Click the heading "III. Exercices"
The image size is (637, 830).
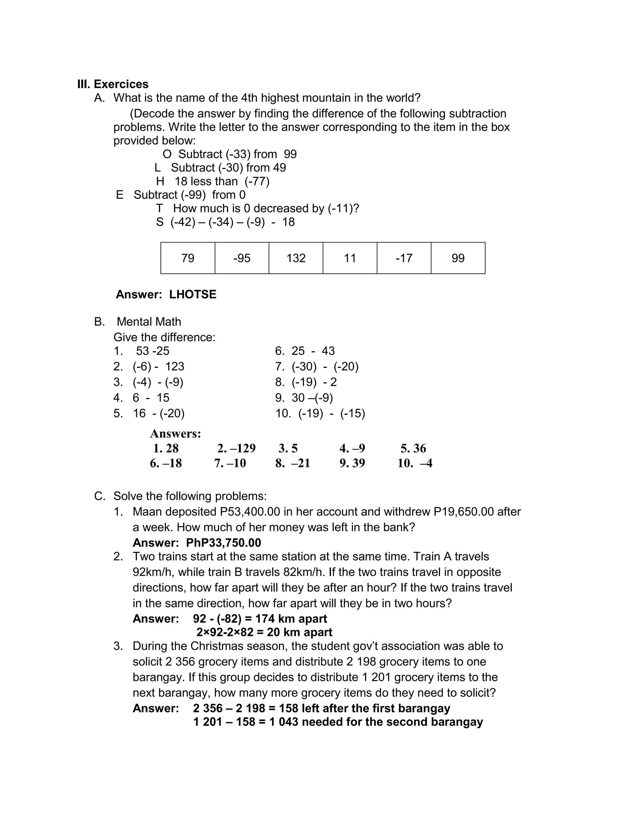point(113,84)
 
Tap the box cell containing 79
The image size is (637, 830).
point(188,258)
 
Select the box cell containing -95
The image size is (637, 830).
point(242,258)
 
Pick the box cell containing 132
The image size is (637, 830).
point(296,258)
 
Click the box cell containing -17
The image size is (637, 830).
point(404,258)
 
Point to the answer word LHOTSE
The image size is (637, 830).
point(193,294)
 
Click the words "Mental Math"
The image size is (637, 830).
point(149,322)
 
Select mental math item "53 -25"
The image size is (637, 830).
point(152,351)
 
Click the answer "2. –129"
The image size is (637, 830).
point(236,448)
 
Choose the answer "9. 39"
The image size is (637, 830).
point(352,463)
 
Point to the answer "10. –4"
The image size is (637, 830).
point(415,463)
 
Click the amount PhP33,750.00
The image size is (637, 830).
point(223,543)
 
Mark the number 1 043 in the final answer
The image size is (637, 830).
point(284,722)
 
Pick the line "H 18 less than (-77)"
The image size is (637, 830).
point(213,181)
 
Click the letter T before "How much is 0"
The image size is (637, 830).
point(159,208)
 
